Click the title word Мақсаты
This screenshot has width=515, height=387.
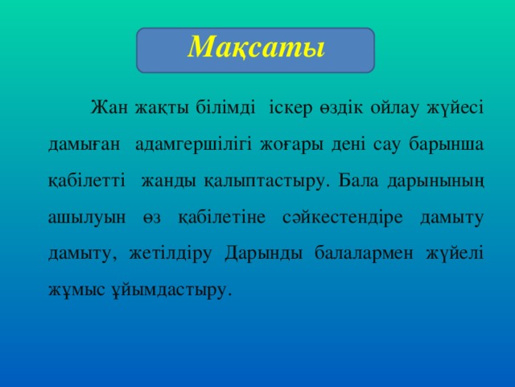(x=255, y=47)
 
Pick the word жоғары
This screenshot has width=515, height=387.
(x=287, y=144)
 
